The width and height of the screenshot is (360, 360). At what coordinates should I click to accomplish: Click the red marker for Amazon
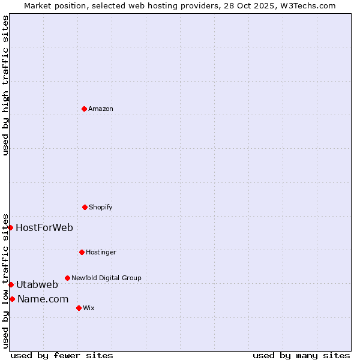[x=84, y=109]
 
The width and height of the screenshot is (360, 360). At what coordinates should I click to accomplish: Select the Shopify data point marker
[x=85, y=207]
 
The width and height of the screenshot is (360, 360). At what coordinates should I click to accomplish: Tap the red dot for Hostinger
[x=82, y=252]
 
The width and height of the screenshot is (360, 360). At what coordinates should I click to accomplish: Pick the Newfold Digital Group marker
[x=67, y=278]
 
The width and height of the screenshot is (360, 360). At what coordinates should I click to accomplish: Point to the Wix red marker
[x=79, y=308]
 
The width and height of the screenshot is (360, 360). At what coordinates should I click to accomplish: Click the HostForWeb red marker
[x=10, y=227]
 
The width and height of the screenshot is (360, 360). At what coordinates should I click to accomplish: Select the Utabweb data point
[x=11, y=284]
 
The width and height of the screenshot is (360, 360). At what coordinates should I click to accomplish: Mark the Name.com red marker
[x=12, y=299]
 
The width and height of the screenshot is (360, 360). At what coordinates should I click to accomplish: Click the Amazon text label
[x=101, y=109]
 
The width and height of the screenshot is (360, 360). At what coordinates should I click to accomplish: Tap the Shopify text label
[x=101, y=207]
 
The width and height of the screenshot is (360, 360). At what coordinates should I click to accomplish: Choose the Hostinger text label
[x=101, y=252]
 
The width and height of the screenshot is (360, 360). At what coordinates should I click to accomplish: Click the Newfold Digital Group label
[x=106, y=278]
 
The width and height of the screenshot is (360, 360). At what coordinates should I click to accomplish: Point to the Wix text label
[x=89, y=308]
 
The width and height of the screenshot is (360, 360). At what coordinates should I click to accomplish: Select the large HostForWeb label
[x=44, y=227]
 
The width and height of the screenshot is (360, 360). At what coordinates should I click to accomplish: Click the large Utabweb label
[x=37, y=284]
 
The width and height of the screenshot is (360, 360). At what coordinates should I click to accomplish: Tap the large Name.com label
[x=43, y=299]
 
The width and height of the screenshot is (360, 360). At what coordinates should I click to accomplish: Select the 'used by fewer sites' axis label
[x=62, y=355]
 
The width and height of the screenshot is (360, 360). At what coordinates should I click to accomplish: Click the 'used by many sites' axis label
[x=301, y=355]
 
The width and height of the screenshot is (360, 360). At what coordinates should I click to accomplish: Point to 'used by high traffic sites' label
[x=5, y=85]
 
